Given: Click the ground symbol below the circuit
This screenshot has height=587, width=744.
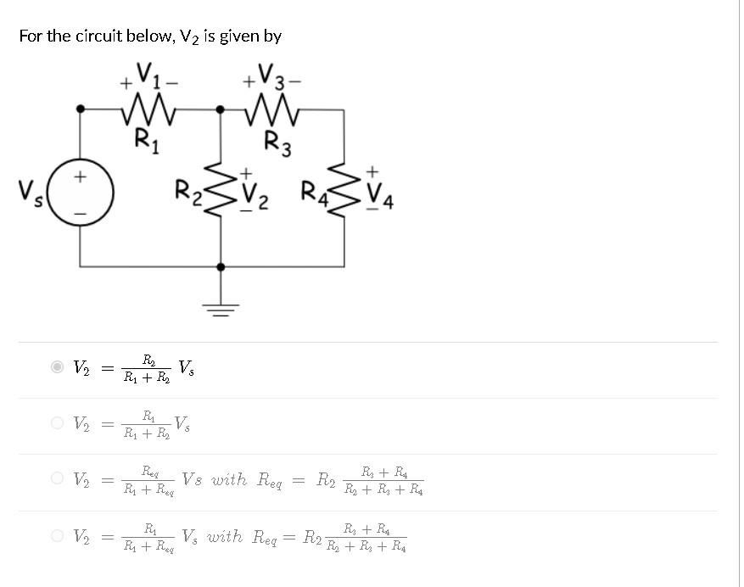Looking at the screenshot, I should coord(221,307).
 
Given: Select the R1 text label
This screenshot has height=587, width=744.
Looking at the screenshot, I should coord(145,139).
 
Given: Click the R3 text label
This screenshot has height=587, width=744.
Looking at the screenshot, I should coord(277,143).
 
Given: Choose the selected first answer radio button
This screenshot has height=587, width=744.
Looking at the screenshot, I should coord(57,367).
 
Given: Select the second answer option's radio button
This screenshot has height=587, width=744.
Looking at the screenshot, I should coord(57,422).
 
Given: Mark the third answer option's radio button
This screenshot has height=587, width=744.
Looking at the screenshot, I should coord(57,479).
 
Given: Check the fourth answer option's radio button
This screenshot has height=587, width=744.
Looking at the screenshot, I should coord(57,535).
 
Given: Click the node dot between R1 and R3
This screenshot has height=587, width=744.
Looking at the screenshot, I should coord(221,109).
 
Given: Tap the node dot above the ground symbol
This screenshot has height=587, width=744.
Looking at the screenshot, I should coord(221,266).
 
